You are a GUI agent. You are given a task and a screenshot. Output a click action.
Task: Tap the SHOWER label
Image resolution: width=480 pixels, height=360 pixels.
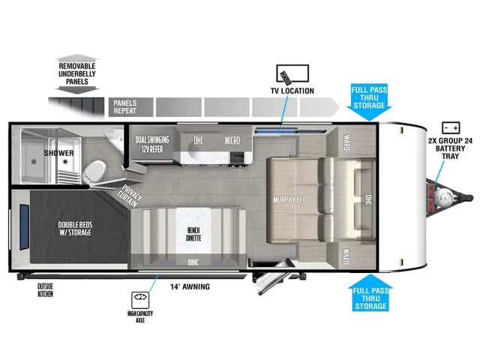coord(58,153)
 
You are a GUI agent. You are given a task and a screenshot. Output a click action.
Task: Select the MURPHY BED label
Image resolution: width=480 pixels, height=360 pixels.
coord(289,200)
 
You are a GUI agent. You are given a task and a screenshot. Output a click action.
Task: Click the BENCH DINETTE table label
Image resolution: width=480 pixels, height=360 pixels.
coord(193,234)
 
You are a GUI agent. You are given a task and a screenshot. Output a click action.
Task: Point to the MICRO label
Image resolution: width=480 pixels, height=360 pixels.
coord(232,140)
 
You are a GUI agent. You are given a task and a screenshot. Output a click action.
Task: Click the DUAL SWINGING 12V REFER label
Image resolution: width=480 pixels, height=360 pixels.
coord(152,145)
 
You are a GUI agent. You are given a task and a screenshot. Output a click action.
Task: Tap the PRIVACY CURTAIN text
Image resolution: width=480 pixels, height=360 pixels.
coord(130,196)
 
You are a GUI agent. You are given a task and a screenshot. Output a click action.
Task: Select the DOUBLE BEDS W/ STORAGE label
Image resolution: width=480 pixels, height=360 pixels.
coord(75,229)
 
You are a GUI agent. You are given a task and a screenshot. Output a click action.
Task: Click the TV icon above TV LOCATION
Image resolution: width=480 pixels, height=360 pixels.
coord(292,73)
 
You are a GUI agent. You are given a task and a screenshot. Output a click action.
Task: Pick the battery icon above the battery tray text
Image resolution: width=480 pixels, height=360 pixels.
coord(451,128)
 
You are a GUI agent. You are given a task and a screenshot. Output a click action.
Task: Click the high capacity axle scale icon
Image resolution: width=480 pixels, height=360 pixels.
coord(140,300)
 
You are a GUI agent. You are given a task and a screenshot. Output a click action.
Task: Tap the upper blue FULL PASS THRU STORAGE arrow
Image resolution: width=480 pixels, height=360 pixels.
coord(370,102)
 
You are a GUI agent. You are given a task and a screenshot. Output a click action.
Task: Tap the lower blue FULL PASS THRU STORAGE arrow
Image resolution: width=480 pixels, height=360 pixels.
coord(370,293)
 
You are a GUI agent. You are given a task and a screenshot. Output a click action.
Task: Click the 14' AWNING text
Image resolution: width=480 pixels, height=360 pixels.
coord(190,286)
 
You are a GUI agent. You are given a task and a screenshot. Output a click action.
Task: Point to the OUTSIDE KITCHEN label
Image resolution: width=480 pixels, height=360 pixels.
coord(45,290)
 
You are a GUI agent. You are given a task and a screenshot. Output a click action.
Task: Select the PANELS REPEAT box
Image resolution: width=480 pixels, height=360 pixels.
coord(131,107)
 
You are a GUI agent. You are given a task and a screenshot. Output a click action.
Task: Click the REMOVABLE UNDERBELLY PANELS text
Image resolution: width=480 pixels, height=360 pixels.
coord(77,73)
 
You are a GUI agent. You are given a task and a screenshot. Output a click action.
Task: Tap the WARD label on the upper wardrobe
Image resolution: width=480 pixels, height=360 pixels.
coord(346,142)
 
